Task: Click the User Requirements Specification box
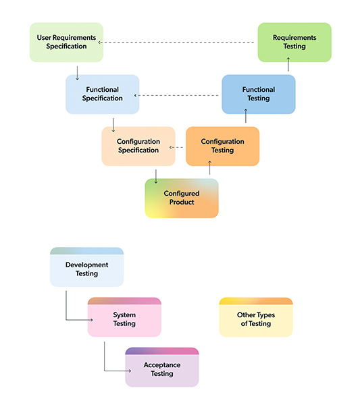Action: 66,43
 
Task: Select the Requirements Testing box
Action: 294,43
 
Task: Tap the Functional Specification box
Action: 103,94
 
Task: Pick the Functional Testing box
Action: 259,94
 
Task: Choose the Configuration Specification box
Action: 138,146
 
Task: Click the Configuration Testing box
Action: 222,146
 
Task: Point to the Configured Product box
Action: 182,198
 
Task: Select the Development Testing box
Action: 86,267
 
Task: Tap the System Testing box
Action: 124,317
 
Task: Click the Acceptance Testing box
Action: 162,367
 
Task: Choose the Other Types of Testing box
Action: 256,317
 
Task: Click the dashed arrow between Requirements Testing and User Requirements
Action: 176,43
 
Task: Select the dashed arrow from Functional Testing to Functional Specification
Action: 176,95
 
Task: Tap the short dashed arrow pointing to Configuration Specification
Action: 176,147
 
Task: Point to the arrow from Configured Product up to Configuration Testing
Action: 209,168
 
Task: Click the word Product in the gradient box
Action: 182,202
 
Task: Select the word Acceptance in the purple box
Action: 162,365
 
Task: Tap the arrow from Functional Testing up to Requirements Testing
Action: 288,64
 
